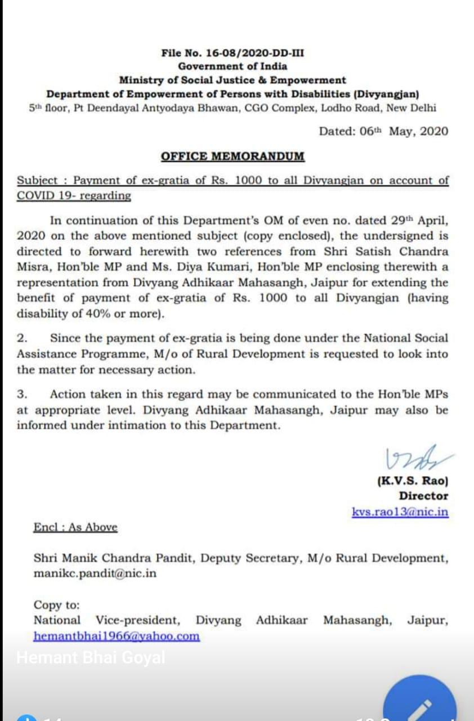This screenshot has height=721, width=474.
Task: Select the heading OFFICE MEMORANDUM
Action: pos(232,157)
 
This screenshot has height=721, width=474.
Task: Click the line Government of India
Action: pos(232,66)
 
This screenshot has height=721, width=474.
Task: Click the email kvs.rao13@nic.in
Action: pos(400,512)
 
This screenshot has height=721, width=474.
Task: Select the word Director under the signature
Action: pos(423,496)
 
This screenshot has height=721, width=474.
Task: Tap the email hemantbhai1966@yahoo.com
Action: pos(117,637)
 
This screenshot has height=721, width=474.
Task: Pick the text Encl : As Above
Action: pos(75,528)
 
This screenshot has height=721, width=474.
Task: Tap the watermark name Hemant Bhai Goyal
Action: pos(91,657)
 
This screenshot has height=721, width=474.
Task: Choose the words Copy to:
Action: pos(57,605)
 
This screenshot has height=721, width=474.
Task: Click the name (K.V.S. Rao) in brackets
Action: pos(412,482)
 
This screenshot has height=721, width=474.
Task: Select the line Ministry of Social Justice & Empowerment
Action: pos(232,80)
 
